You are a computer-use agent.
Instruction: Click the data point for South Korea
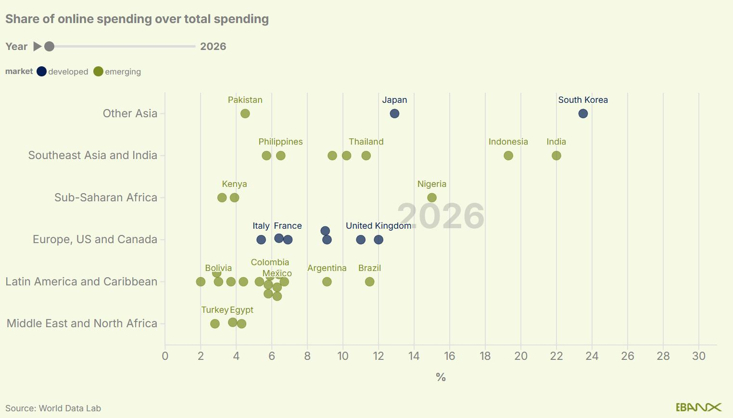pos(583,114)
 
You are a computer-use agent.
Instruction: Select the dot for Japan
pos(394,114)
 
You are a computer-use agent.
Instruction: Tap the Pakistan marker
pos(245,114)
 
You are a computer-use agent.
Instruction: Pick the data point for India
pos(556,156)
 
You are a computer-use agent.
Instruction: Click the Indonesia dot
pos(508,156)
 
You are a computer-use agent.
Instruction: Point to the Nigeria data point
pos(432,198)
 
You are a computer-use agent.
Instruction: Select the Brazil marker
pos(369,282)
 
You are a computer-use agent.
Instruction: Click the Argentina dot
pos(327,282)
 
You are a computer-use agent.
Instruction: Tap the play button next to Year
pos(37,47)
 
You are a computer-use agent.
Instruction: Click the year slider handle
pos(49,47)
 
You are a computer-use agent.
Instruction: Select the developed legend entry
pos(63,72)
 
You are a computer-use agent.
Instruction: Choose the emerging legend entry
pos(118,72)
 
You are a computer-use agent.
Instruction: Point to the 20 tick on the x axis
pos(521,356)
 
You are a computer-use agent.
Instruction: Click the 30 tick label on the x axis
pos(699,356)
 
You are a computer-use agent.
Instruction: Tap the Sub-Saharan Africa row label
pos(106,197)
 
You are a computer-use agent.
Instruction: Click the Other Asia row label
pos(130,113)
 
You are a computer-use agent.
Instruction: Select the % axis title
pos(441,378)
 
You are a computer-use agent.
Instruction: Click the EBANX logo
pos(698,407)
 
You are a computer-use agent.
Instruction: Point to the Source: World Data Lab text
pos(53,408)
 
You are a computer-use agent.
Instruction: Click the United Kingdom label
pos(379,226)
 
